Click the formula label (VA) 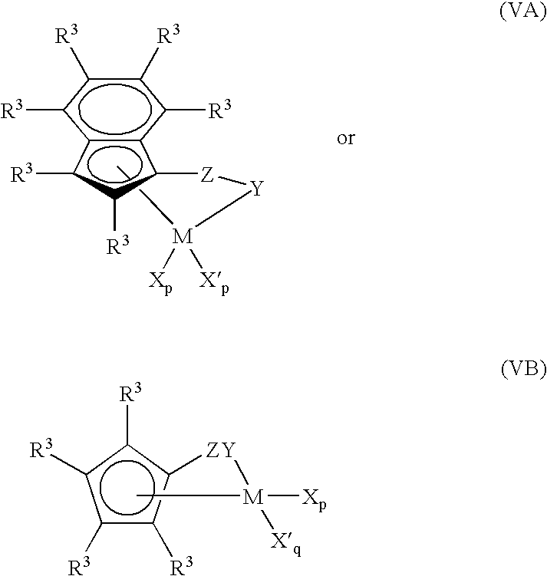[522, 12]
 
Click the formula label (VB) [523, 369]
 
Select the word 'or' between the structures [346, 139]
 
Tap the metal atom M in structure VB [252, 497]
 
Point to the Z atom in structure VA [207, 175]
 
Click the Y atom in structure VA [257, 189]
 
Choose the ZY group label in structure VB [220, 450]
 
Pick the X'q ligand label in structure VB [286, 542]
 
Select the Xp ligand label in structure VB [314, 500]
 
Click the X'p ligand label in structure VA [214, 283]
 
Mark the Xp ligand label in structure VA [160, 283]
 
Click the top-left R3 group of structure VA [67, 35]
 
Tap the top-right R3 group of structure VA [169, 35]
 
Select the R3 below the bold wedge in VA [118, 245]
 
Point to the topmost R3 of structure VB [130, 393]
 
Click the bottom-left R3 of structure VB [79, 566]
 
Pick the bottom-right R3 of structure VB [183, 566]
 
